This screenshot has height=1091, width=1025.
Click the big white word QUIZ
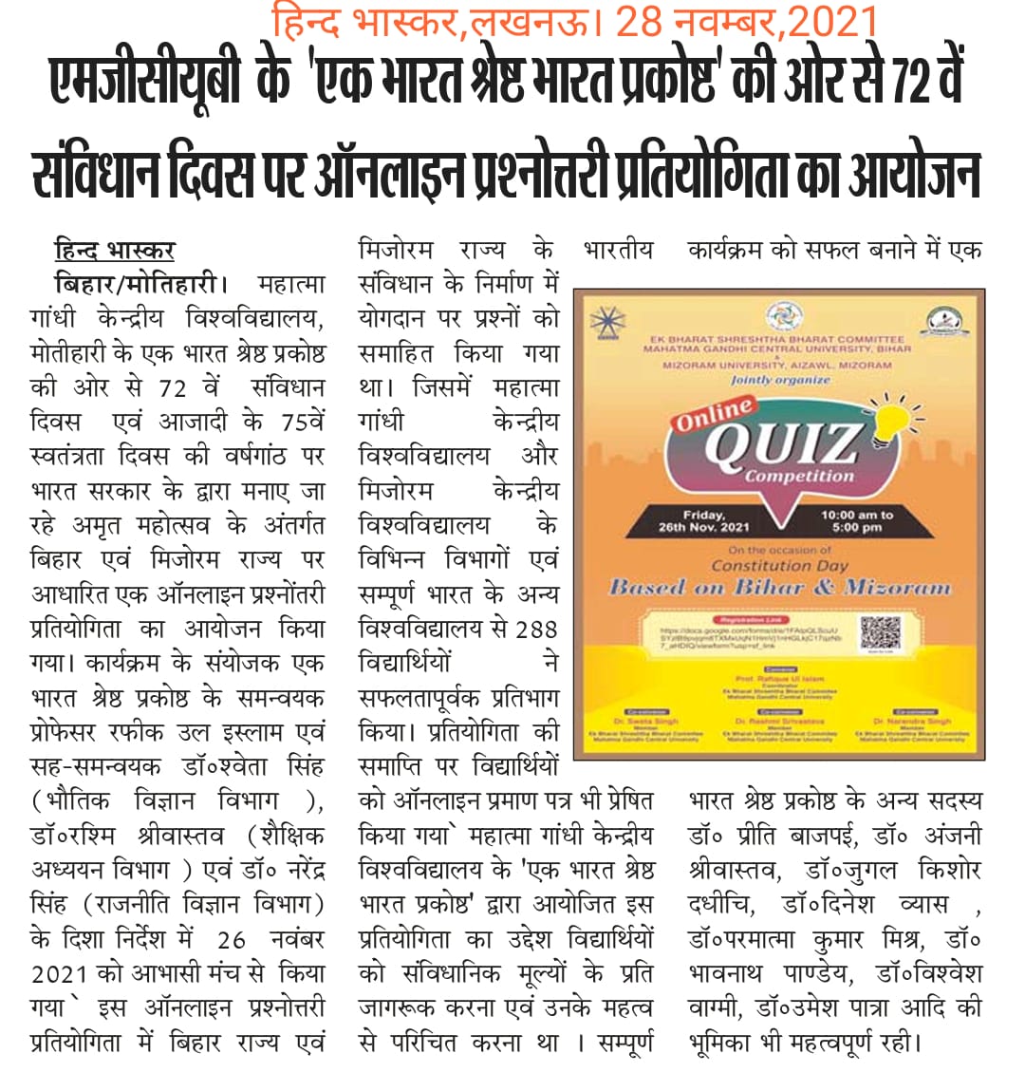pyautogui.click(x=780, y=442)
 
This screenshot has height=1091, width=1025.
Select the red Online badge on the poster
pyautogui.click(x=714, y=415)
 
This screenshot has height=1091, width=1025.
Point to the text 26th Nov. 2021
pyautogui.click(x=703, y=527)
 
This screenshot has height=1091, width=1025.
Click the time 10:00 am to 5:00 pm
pyautogui.click(x=857, y=520)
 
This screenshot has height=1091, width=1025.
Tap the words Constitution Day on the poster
pyautogui.click(x=780, y=565)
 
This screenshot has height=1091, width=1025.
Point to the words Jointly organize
pyautogui.click(x=780, y=380)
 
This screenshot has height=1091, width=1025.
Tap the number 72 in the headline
pyautogui.click(x=910, y=84)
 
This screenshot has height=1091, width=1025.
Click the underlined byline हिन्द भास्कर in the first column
pyautogui.click(x=115, y=251)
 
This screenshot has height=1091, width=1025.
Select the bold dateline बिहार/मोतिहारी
pyautogui.click(x=138, y=284)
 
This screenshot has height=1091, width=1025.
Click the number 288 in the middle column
pyautogui.click(x=536, y=629)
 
